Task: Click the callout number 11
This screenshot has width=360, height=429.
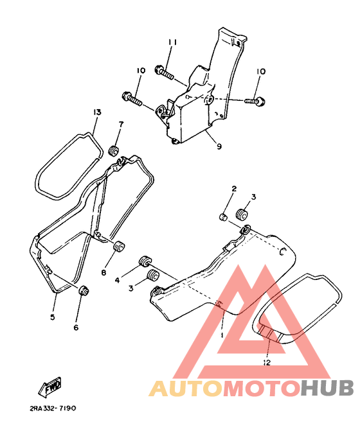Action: coord(172,42)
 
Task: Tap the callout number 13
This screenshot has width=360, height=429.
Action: coord(97,112)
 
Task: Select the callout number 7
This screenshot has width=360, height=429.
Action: coord(121,124)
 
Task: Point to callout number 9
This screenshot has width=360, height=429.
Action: coord(219,146)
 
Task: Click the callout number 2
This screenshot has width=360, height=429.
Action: coord(234,189)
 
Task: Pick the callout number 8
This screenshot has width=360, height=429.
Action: coord(104,272)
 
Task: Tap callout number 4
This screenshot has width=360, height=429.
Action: coord(117,280)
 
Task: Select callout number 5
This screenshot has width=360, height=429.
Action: coord(52,317)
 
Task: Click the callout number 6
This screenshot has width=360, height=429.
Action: coord(76,328)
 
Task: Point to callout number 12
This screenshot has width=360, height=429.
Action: coord(267,362)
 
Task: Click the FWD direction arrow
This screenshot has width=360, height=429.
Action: coord(50,387)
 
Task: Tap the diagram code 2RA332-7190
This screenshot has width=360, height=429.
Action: coord(53,408)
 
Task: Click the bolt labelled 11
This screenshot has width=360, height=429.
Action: coord(164,72)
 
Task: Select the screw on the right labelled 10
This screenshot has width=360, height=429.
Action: coord(255,101)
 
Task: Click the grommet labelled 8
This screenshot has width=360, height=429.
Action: coord(119,246)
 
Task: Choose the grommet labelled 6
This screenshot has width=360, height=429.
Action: coord(84,290)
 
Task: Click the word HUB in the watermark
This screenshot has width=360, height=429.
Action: coord(327,389)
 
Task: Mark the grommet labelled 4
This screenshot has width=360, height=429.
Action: coord(145,261)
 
